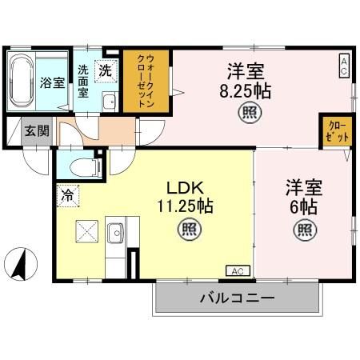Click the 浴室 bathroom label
(54, 82)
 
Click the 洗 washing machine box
(105, 70)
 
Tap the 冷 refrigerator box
(66, 193)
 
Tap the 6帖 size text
(302, 206)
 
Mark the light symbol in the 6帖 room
(304, 230)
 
